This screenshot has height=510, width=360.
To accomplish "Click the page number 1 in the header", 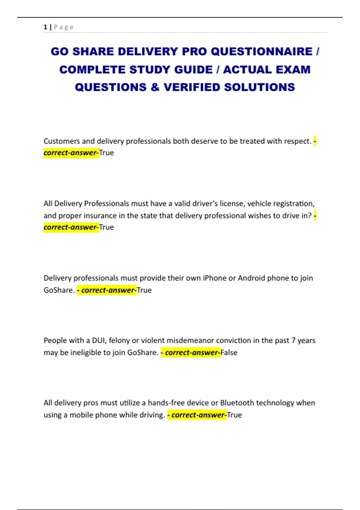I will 45,27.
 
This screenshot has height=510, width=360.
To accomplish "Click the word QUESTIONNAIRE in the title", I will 261,52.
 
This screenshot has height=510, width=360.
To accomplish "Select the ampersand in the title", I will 155,87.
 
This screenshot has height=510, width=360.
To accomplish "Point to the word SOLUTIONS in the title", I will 259,87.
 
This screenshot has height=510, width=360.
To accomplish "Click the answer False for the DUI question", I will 229,352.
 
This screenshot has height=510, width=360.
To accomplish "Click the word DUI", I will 98,340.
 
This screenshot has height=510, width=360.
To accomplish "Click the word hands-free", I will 166,403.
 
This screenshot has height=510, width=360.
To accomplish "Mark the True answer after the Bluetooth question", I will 234,415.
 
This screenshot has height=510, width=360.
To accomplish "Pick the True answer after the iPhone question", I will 144,290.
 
